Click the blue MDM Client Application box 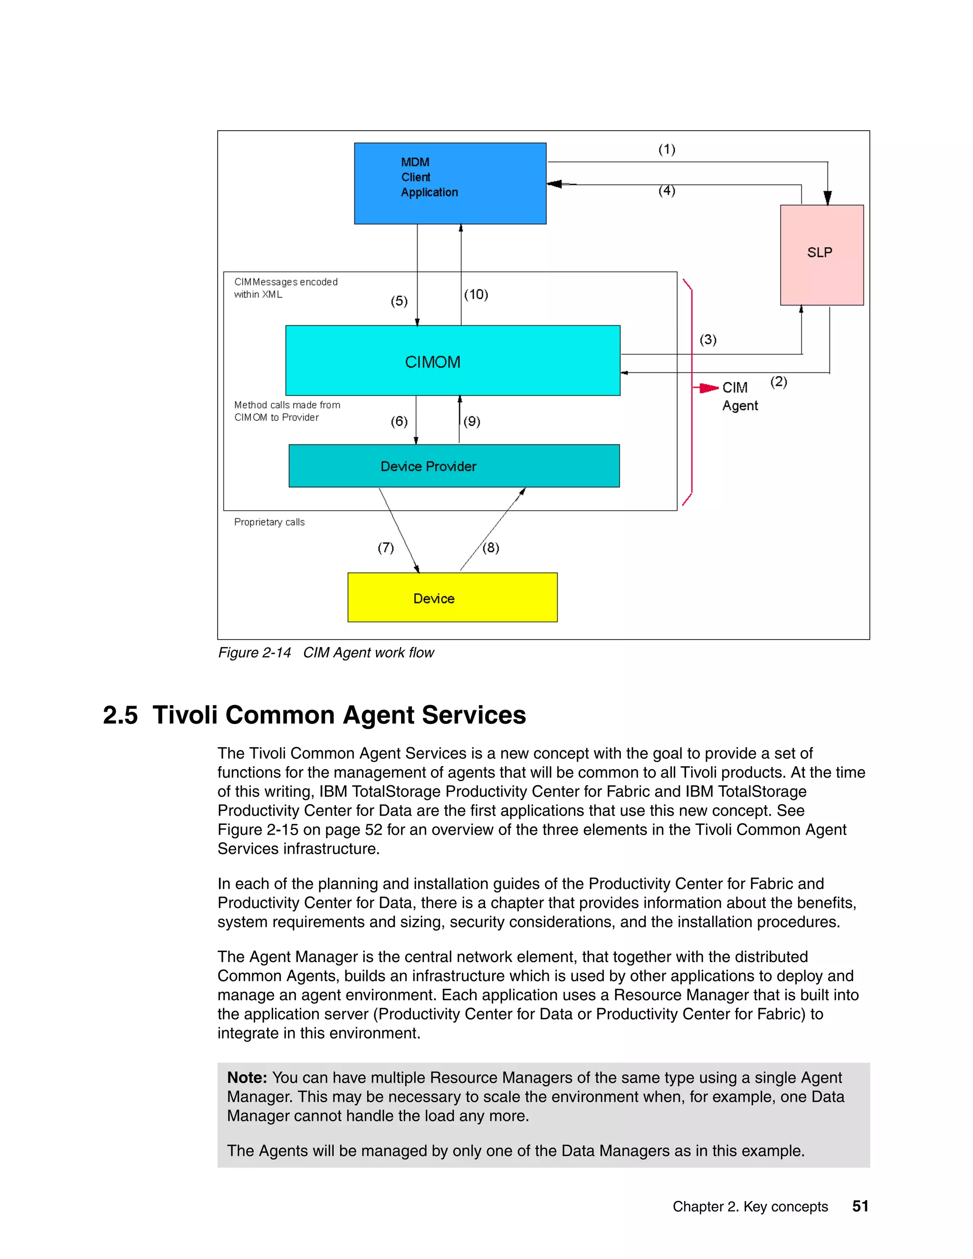449,183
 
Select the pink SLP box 821,254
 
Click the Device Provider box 454,466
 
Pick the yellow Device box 452,598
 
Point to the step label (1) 667,149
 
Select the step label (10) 476,295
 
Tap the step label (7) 386,548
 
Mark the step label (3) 708,340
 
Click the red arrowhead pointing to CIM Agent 708,388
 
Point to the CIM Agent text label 740,397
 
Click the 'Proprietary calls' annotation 269,522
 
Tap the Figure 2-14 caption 325,653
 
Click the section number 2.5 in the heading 120,715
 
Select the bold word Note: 247,1078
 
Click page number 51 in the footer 860,1206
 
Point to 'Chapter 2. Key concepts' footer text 750,1207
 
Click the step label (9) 471,421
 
